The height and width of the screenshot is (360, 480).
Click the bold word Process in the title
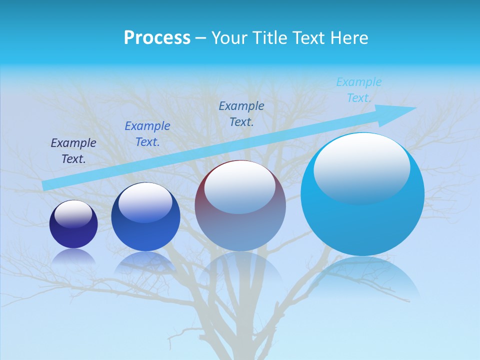[157, 38]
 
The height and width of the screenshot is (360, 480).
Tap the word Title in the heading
[271, 38]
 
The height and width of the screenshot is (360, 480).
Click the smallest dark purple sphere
[73, 232]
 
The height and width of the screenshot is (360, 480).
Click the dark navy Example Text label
[73, 151]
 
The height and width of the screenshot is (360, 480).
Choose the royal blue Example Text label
[147, 134]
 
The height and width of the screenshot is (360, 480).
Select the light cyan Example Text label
[358, 90]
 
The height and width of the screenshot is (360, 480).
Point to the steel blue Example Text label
[241, 114]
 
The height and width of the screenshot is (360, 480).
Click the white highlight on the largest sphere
[361, 167]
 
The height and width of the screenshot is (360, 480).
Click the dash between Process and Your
[201, 38]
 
